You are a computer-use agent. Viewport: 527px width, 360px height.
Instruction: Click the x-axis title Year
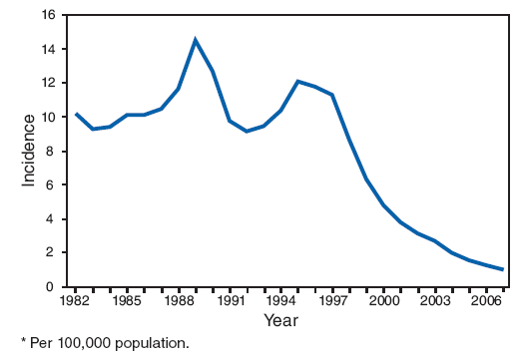click(x=280, y=320)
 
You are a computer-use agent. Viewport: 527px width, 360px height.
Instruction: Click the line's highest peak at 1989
click(x=196, y=40)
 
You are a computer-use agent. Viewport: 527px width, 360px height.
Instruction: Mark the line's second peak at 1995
click(x=297, y=81)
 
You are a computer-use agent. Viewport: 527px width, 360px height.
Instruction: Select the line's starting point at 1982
click(x=76, y=114)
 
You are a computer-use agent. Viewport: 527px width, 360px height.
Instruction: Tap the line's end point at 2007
click(x=502, y=269)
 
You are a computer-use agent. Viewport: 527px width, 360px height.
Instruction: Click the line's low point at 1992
click(x=247, y=131)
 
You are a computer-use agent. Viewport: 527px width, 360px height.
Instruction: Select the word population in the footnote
click(x=150, y=345)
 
